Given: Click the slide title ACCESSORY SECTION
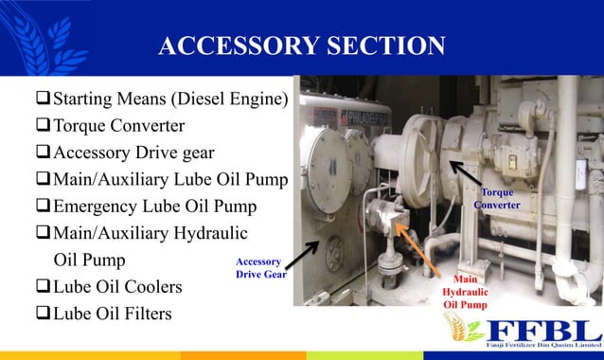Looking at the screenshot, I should [301, 45].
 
